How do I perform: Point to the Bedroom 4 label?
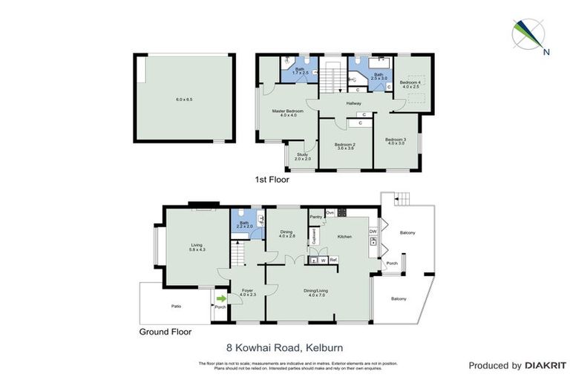(410, 84)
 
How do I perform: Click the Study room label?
(302, 156)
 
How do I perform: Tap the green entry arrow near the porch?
(220, 298)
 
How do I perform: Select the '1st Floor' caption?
(272, 180)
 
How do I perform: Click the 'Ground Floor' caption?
(166, 332)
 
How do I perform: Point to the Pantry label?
(315, 217)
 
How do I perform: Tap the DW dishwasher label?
(373, 231)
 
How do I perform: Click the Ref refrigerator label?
(333, 260)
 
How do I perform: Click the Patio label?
(175, 306)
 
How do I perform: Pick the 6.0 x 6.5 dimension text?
(184, 99)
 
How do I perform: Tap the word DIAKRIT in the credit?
(546, 365)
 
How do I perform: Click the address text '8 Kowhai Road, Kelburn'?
(284, 347)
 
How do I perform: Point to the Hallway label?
(353, 103)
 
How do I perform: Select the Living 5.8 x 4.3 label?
(197, 246)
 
